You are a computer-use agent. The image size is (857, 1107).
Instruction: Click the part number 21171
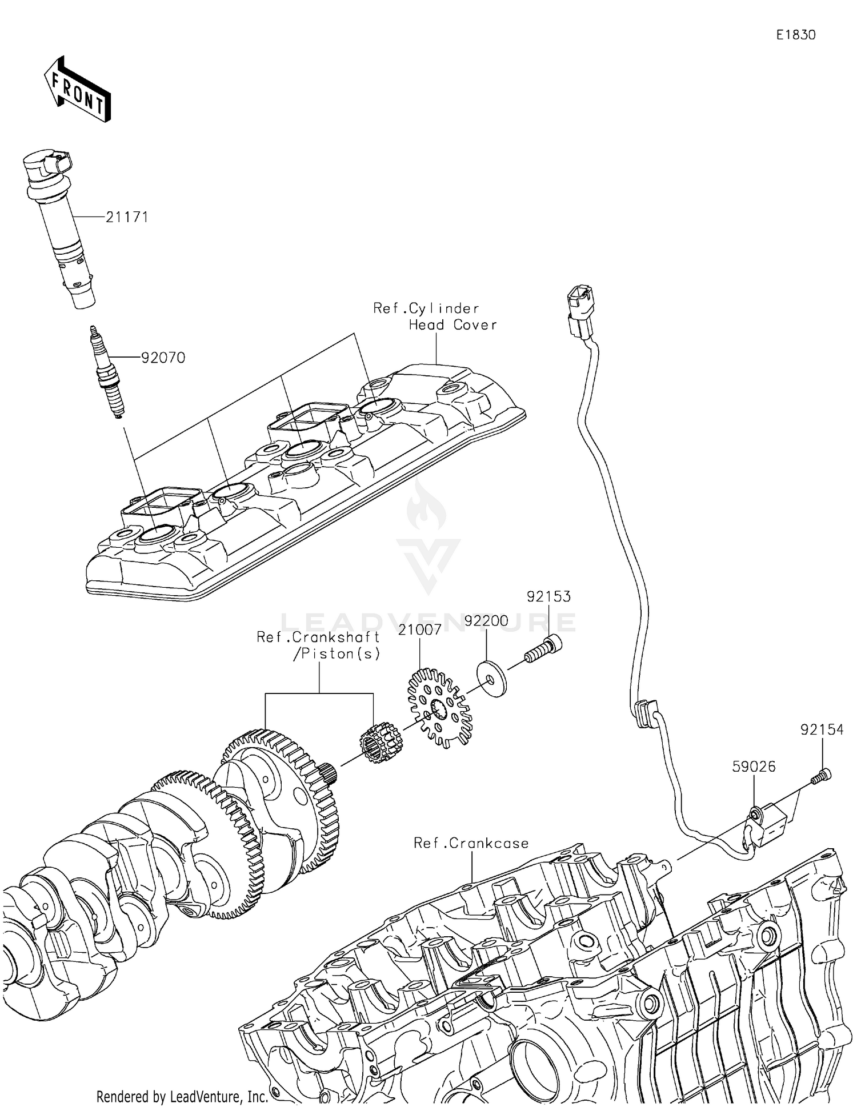click(x=127, y=217)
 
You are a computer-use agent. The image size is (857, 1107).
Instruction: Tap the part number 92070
click(x=163, y=358)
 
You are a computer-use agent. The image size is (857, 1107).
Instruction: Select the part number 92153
click(x=548, y=596)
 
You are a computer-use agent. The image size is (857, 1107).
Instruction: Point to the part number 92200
click(x=486, y=621)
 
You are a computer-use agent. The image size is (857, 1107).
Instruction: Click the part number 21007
click(x=420, y=629)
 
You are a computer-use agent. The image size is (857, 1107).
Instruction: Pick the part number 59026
click(x=754, y=767)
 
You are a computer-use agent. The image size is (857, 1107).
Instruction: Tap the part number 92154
click(x=822, y=730)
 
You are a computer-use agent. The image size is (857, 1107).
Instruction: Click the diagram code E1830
click(x=796, y=35)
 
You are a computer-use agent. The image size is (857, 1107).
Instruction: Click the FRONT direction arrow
click(x=78, y=91)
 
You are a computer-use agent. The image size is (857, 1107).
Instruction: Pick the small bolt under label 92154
click(x=821, y=777)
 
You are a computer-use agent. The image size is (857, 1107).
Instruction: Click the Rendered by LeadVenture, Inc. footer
click(x=182, y=1096)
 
